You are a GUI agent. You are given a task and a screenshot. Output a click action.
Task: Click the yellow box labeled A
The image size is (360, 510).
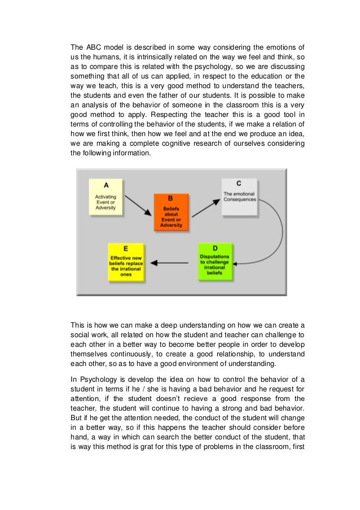coord(106,197)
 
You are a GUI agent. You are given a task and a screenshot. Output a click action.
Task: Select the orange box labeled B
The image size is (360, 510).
coord(170,212)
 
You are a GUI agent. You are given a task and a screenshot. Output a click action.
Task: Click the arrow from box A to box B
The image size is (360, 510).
coord(138,205)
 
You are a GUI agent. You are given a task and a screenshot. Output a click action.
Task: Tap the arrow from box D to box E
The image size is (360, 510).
coord(172,262)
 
